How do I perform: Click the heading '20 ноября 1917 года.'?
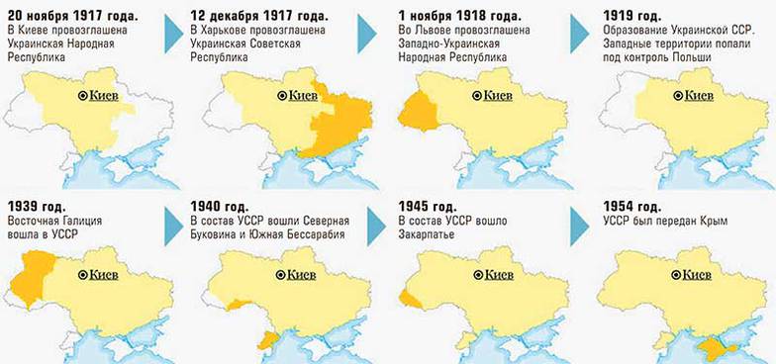[x=73, y=17]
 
